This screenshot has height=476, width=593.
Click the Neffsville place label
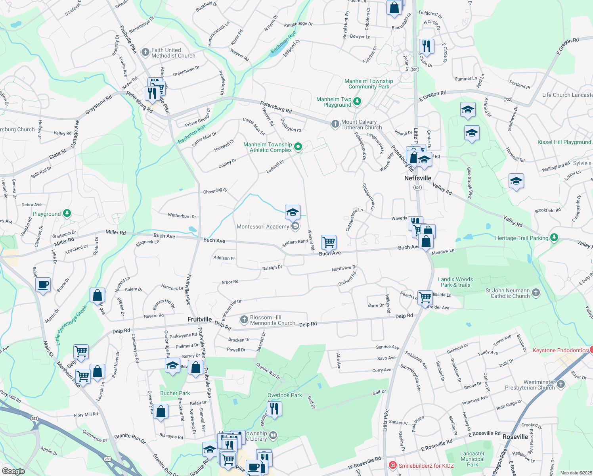(417, 178)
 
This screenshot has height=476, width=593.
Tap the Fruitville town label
(199, 319)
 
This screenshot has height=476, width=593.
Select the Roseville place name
(515, 437)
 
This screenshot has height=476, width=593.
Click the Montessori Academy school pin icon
(295, 226)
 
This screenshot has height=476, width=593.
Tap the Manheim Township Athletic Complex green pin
(298, 147)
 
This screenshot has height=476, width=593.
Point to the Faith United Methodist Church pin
(145, 51)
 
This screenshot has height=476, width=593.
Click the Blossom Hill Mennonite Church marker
(244, 319)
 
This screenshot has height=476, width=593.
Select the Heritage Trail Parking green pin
(554, 238)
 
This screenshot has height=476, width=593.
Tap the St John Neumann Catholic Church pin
(536, 293)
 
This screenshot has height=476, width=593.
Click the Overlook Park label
(285, 395)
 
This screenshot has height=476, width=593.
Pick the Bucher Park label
(175, 393)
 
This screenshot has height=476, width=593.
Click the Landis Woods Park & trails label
(455, 282)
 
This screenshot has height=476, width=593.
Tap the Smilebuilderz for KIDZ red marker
(392, 465)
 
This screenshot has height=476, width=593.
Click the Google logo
(13, 471)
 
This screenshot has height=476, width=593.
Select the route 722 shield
(508, 99)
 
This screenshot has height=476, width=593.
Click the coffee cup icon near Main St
(43, 284)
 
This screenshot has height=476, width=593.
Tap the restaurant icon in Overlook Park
(274, 408)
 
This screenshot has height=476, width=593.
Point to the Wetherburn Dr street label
(182, 216)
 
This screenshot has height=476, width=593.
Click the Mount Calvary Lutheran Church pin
(335, 124)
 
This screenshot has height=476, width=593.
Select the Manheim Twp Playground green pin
(357, 102)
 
